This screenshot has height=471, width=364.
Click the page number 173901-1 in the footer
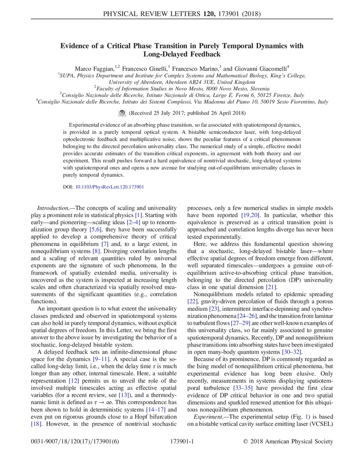click(x=181, y=442)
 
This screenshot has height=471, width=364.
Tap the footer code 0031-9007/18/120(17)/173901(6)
click(x=68, y=442)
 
